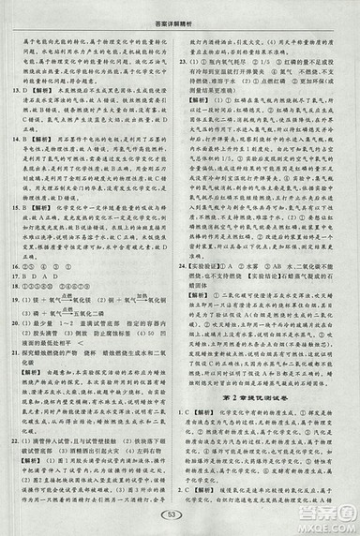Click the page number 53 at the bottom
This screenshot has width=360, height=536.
180,514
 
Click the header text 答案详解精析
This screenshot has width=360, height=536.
180,8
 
